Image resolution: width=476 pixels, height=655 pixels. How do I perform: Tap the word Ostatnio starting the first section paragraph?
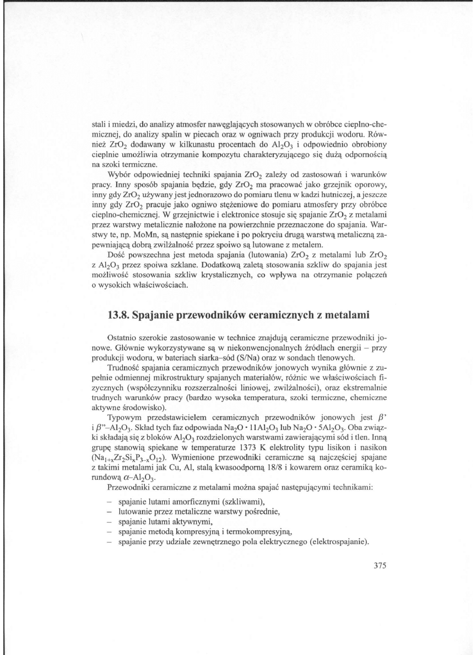[x=123, y=336]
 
